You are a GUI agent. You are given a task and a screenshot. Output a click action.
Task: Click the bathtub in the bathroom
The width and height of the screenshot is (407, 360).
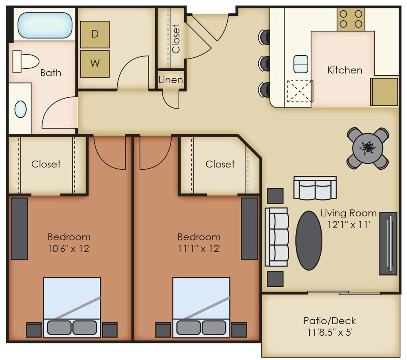[x=45, y=25]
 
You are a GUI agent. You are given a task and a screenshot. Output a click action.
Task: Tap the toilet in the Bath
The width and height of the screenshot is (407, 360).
[x=25, y=61]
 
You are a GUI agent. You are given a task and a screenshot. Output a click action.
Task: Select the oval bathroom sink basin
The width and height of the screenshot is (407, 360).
[x=21, y=109]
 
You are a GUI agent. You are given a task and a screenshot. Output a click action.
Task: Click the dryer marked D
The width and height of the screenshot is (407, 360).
[x=95, y=34]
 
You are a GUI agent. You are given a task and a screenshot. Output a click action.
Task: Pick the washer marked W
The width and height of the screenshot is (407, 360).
[x=95, y=64]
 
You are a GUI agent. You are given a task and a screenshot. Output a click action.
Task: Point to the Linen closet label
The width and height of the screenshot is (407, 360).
[x=171, y=80]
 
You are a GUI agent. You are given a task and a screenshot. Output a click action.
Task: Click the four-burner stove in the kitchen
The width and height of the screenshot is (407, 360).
[x=351, y=19]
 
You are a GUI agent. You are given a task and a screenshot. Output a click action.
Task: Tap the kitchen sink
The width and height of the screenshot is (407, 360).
[x=301, y=64]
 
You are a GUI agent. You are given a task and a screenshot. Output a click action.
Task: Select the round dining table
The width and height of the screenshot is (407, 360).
[x=368, y=148]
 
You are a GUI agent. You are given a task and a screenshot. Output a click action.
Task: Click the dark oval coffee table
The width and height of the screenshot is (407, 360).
[x=309, y=241]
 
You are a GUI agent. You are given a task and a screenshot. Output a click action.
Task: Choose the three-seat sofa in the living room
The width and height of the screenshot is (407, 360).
[x=277, y=237]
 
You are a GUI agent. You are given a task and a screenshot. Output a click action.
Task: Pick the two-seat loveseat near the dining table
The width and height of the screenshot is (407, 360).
[x=315, y=187]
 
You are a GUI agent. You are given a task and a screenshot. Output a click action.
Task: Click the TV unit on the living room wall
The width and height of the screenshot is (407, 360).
[x=388, y=243]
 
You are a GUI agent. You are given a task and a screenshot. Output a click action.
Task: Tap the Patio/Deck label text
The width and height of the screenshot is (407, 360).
[x=329, y=321]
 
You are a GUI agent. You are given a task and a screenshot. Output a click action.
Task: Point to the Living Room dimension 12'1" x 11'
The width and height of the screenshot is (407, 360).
[x=349, y=224]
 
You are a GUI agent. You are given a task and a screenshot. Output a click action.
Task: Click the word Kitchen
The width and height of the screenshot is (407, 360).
[x=345, y=70]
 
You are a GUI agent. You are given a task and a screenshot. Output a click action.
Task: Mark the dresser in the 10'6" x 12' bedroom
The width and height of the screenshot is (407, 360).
[x=19, y=229]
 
